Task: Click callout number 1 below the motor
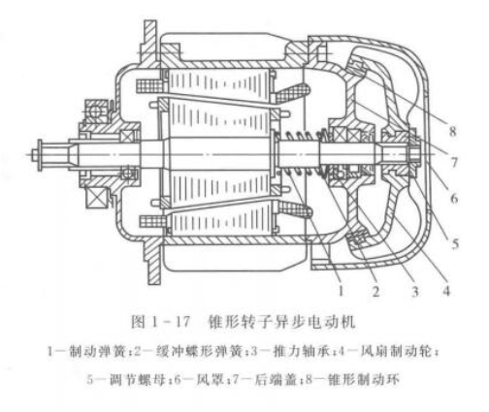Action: (341, 291)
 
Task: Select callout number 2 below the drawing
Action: (375, 291)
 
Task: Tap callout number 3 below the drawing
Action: (415, 291)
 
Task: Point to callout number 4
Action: (446, 290)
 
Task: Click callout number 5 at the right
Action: (455, 243)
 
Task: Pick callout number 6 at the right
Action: (454, 198)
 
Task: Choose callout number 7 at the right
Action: (454, 162)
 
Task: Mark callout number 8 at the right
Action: (452, 131)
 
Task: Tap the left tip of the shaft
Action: (27, 155)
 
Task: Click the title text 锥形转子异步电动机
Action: (282, 322)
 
